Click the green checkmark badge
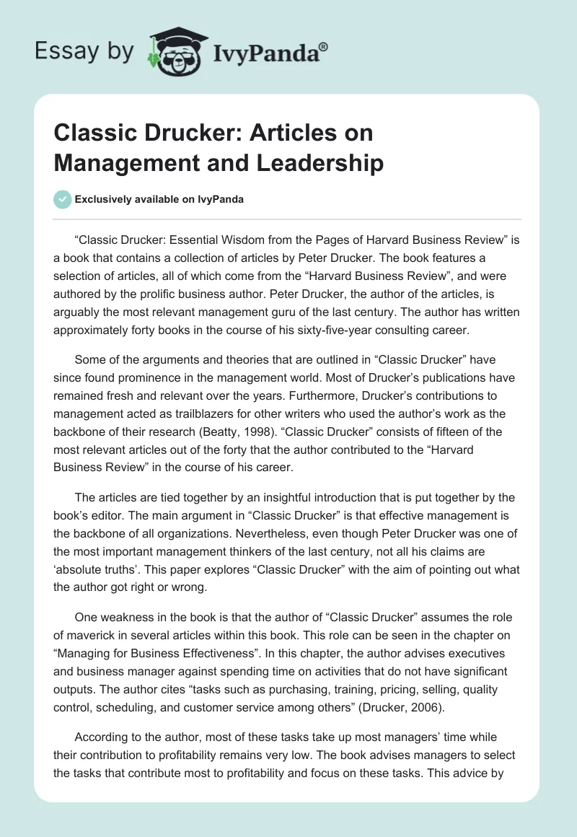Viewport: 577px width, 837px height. point(63,199)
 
